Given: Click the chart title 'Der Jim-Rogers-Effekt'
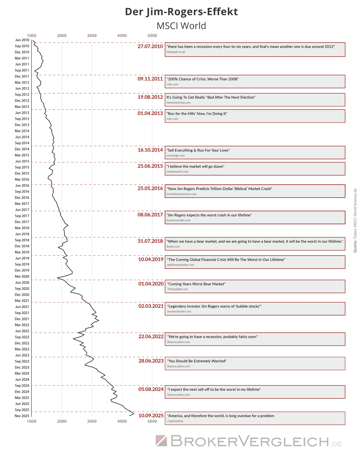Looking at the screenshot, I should (x=181, y=12).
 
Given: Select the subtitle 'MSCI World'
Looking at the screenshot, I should (x=181, y=26).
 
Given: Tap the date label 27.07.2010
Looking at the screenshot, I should (x=150, y=46).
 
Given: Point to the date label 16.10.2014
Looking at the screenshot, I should (x=150, y=150).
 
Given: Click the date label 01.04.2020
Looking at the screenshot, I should (x=151, y=284).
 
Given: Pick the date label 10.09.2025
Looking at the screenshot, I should (x=151, y=416).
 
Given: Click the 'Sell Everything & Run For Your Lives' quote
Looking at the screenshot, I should (x=198, y=150).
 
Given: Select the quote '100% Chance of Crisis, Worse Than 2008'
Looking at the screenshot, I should (x=203, y=79).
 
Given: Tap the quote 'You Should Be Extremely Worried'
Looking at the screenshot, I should (x=197, y=361).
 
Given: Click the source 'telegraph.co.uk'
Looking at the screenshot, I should (x=176, y=52).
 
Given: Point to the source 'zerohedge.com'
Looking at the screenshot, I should (x=175, y=156).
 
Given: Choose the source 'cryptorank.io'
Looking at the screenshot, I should (x=175, y=421).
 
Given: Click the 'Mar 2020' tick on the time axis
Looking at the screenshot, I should (x=22, y=276).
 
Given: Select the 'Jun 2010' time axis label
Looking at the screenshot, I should (x=22, y=40).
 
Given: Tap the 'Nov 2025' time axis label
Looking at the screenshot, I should (x=22, y=416).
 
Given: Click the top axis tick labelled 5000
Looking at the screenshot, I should (x=152, y=35).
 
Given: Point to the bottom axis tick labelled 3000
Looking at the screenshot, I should (x=92, y=421).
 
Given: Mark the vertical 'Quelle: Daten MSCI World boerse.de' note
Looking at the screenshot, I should (x=355, y=220).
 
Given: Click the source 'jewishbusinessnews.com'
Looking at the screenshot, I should (x=181, y=194).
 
